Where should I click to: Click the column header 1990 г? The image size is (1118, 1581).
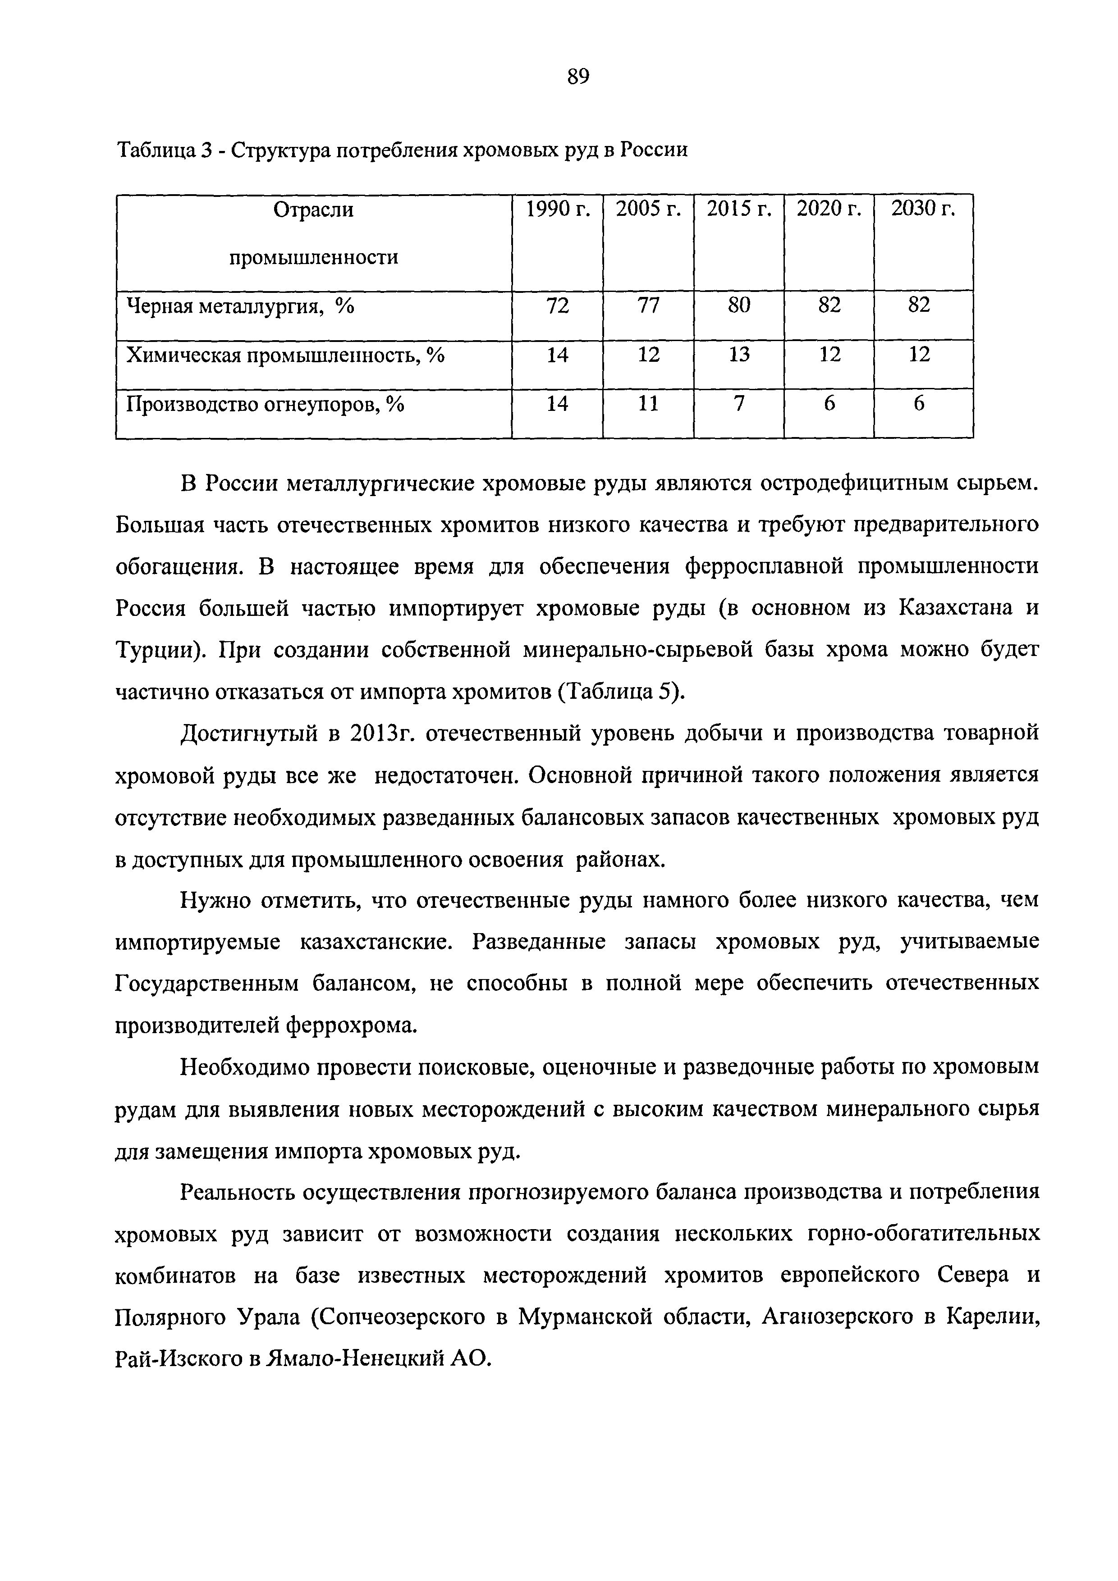557,209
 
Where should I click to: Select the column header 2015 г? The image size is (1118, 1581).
738,209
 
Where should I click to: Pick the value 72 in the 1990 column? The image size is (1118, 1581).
557,305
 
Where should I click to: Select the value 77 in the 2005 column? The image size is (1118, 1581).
647,305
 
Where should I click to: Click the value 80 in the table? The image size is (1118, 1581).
738,305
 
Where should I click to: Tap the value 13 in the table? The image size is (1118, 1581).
738,355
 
